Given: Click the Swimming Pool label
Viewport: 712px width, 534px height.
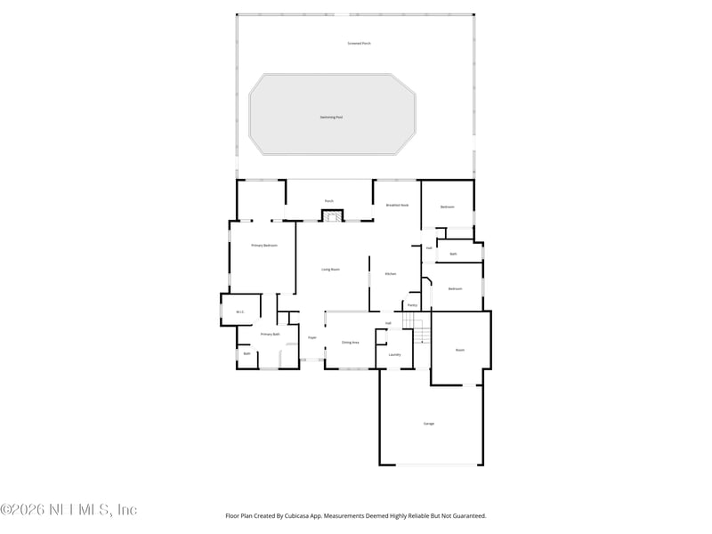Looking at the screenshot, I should click(x=331, y=117).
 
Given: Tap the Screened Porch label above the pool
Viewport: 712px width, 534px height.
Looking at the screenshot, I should click(x=360, y=44).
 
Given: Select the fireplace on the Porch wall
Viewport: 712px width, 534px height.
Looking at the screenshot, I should click(x=331, y=215).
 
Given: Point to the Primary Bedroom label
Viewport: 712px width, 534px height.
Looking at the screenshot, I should click(x=264, y=245).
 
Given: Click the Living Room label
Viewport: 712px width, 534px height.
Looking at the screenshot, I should click(x=330, y=269).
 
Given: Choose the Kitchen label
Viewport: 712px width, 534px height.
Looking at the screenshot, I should click(x=390, y=274).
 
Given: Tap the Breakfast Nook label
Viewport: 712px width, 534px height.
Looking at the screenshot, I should click(x=397, y=205).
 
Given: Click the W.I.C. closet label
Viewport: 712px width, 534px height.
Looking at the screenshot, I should click(x=240, y=311).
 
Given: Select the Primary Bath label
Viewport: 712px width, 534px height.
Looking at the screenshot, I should click(x=270, y=334).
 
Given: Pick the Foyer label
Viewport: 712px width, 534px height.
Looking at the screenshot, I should click(x=312, y=337).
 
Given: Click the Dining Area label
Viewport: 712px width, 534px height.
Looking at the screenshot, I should click(x=350, y=342).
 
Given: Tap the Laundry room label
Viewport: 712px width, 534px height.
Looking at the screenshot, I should click(x=394, y=354).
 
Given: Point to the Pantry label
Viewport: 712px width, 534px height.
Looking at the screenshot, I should click(x=412, y=305).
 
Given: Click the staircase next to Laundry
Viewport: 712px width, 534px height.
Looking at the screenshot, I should click(x=422, y=336).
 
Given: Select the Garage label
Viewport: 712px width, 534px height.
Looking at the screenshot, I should click(x=429, y=423).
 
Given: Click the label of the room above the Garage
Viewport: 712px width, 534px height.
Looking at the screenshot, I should click(x=460, y=350).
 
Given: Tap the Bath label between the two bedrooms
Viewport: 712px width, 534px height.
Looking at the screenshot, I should click(x=453, y=254).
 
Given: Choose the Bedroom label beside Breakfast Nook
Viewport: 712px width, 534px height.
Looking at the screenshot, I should click(x=448, y=206).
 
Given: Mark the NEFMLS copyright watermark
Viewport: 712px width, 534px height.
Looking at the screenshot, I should click(x=69, y=510).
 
